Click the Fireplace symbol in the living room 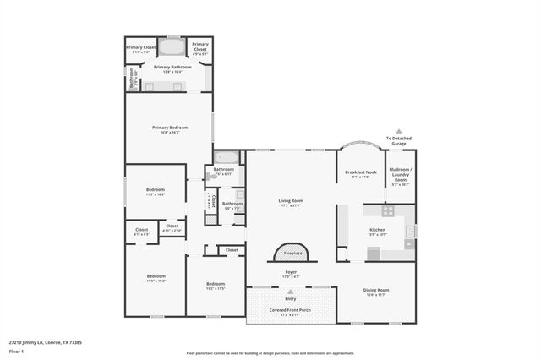tap(291, 252)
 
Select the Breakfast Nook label tap(360, 174)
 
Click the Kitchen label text tap(378, 230)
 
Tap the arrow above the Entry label tap(291, 292)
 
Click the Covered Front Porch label tap(291, 311)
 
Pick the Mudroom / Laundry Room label tap(399, 177)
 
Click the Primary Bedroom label tap(170, 129)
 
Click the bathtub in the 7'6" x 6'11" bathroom tap(226, 157)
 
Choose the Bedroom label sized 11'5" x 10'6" tap(155, 191)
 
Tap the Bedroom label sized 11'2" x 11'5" tap(216, 285)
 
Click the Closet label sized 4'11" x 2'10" tap(172, 227)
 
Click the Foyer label tap(291, 273)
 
